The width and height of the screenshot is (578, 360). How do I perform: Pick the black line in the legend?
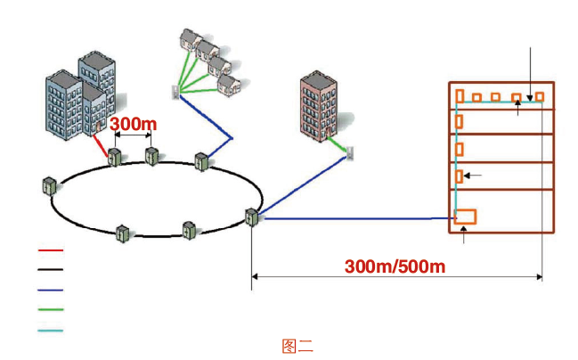(51, 270)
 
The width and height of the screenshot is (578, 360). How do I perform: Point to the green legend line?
(51, 310)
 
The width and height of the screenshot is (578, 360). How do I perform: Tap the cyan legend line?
(51, 330)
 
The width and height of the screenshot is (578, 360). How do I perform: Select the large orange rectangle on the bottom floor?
(465, 217)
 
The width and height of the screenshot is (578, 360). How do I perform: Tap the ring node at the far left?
(48, 186)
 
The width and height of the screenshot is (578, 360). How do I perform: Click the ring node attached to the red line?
(114, 159)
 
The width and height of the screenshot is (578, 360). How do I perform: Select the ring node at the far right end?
(252, 217)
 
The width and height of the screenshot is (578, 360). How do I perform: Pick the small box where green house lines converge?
(175, 90)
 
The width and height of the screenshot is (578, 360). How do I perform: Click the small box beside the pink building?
(351, 153)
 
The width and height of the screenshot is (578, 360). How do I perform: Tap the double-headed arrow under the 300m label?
(130, 136)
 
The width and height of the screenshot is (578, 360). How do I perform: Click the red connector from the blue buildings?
(101, 143)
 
